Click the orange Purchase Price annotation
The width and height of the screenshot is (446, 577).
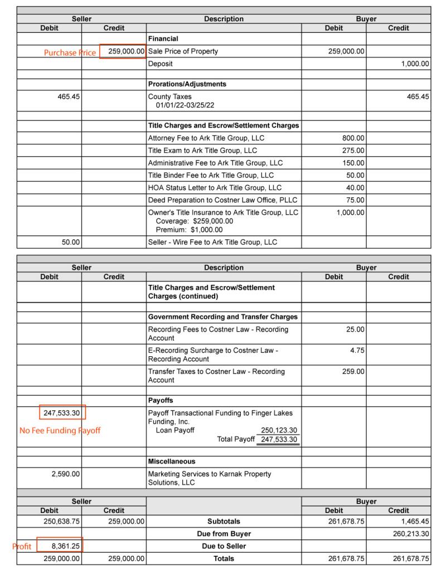pos(70,52)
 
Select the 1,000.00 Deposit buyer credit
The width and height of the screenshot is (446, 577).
pos(415,64)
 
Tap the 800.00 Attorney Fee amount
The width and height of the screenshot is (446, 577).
pos(353,138)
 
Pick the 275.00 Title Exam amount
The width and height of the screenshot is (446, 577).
pos(353,151)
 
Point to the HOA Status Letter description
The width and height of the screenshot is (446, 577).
pos(215,188)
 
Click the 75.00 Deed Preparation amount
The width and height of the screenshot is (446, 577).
pos(355,200)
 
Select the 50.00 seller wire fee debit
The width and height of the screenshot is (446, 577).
pos(70,243)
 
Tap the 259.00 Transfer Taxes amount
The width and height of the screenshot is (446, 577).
pos(353,372)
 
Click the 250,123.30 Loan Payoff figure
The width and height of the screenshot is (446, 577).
pos(278,430)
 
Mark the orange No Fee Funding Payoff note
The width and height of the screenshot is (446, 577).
pos(60,431)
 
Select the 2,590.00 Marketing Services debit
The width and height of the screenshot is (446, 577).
pos(66,474)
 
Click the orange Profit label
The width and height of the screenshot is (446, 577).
pos(22,547)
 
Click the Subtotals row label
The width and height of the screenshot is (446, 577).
pos(224,522)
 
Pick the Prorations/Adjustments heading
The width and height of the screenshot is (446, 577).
pos(187,84)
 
